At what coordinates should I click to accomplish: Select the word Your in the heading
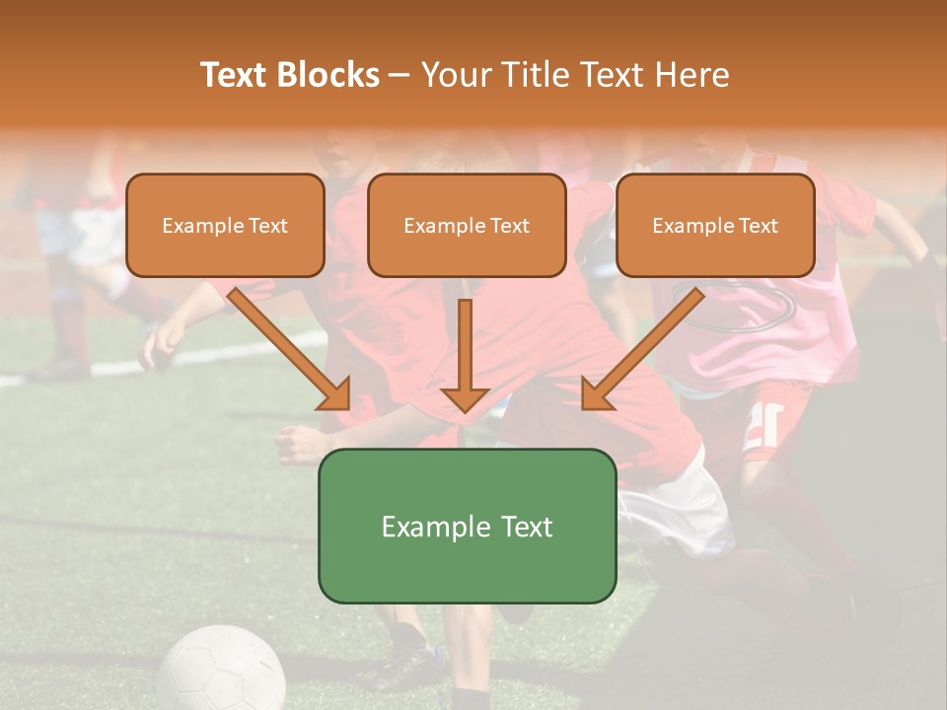455,75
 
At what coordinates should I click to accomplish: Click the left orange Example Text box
225,226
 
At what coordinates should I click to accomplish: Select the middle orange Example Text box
467,226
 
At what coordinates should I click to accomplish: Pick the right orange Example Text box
715,226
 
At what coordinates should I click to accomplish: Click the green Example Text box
467,527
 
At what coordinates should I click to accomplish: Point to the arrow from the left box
286,346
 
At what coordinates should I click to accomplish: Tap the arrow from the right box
646,346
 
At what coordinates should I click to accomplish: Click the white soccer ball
221,671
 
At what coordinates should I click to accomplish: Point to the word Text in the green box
518,527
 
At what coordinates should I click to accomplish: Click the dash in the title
400,75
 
